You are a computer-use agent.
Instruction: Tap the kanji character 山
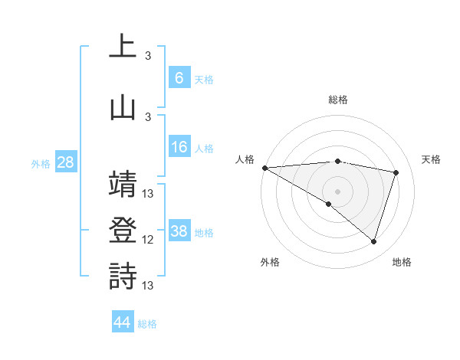[123, 106]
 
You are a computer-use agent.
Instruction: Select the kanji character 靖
[123, 184]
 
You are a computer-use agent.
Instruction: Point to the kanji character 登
[123, 230]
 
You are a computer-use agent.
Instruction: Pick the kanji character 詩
[123, 276]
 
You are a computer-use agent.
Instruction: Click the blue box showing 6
[179, 78]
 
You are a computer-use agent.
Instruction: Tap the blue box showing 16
[179, 148]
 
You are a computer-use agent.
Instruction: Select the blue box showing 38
[179, 231]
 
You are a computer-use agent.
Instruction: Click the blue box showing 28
[64, 162]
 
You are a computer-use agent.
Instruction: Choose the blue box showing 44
[123, 322]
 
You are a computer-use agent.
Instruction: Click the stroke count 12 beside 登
[148, 240]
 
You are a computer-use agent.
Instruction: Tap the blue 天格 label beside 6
[203, 79]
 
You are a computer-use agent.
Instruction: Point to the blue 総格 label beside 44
[147, 323]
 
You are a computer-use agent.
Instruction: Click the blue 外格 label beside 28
[41, 163]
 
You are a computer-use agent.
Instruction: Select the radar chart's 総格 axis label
[337, 100]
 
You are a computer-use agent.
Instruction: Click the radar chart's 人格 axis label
[245, 159]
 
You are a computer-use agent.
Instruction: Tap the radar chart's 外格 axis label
[270, 262]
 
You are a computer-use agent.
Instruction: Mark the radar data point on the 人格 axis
[264, 168]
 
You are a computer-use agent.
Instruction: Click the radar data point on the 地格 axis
[373, 241]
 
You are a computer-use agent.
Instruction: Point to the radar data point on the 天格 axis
[396, 172]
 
